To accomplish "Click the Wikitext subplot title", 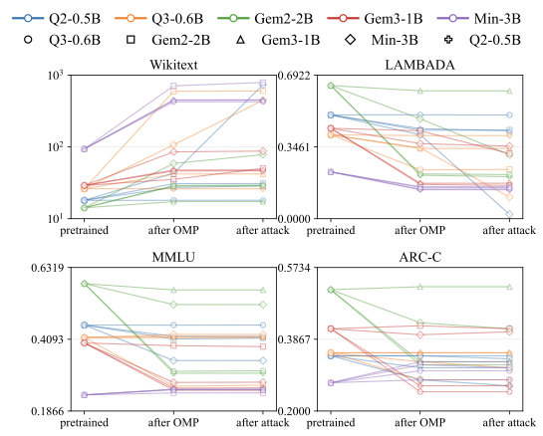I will click(x=146, y=67).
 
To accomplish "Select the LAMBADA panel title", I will click(x=420, y=67).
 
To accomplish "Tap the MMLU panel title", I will click(x=146, y=259).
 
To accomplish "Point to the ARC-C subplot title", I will click(x=420, y=259).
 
